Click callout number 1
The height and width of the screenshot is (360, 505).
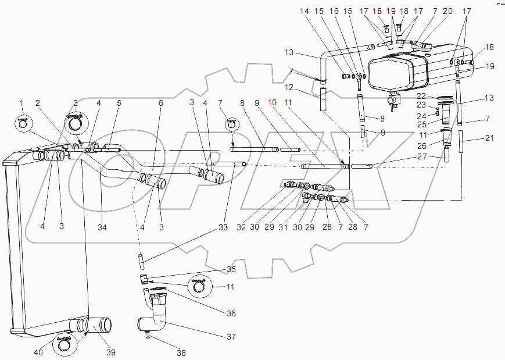pyautogui.click(x=22, y=103)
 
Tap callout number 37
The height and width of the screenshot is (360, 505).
pyautogui.click(x=231, y=337)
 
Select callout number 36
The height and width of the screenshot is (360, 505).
pyautogui.click(x=231, y=313)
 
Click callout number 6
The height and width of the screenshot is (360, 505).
pyautogui.click(x=160, y=103)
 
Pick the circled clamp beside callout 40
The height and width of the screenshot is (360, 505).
pyautogui.click(x=65, y=344)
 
